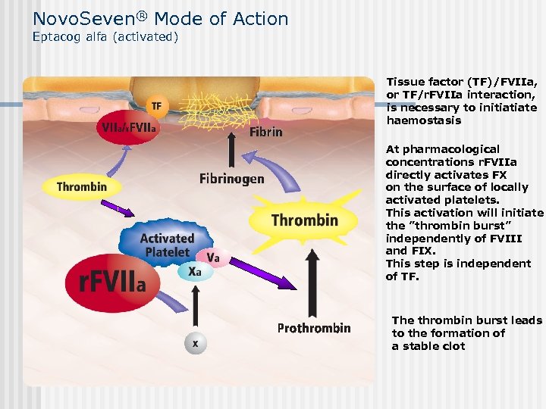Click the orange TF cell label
pos(156,105)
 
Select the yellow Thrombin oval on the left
pos(82,186)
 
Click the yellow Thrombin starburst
pos(305,220)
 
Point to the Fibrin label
pos(265,132)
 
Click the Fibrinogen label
pos(232,179)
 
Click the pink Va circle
pos(214,258)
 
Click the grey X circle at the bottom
pos(196,343)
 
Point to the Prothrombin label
pos(314,328)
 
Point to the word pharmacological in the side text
pos(451,149)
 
